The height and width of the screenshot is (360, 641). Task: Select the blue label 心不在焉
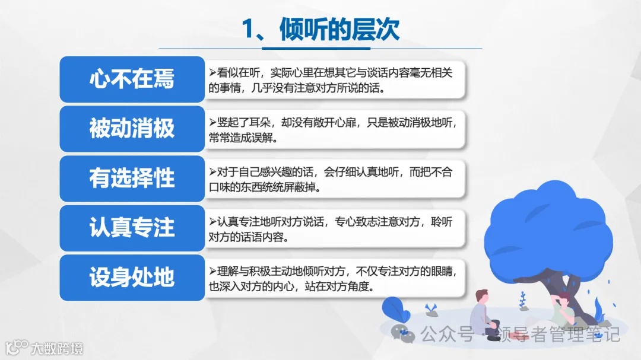pos(132,79)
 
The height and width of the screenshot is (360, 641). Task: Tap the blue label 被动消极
pos(132,129)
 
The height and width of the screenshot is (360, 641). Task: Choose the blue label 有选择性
pos(132,179)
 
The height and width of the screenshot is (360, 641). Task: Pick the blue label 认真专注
pos(132,228)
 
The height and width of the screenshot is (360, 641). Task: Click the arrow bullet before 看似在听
pos(212,72)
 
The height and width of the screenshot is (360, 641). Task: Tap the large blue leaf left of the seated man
pos(393,308)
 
